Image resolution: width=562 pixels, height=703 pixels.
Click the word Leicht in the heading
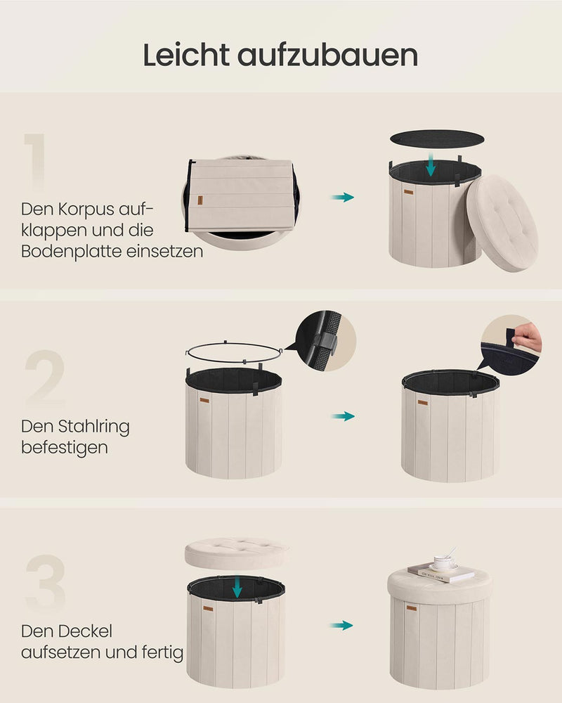(x=186, y=55)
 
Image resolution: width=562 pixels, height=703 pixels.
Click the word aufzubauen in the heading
(x=327, y=55)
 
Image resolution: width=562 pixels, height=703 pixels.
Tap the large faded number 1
(x=35, y=162)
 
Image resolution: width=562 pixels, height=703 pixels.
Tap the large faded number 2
(x=45, y=377)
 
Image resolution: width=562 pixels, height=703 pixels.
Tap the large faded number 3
(x=46, y=583)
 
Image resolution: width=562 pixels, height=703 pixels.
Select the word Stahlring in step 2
(x=94, y=427)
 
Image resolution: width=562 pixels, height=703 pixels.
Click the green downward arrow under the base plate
(x=431, y=164)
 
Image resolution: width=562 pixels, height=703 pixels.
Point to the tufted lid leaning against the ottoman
(x=502, y=223)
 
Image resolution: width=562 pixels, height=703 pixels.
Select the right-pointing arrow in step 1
(x=343, y=197)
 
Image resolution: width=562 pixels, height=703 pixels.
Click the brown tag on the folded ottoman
(x=200, y=200)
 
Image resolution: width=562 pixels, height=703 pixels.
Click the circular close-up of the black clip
(x=326, y=341)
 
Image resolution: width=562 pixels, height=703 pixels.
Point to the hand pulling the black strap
(x=528, y=337)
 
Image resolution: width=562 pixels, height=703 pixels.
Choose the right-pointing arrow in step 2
(x=343, y=416)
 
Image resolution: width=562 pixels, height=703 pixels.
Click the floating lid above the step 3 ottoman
(x=236, y=554)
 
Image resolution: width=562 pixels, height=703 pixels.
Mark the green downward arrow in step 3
(x=237, y=587)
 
